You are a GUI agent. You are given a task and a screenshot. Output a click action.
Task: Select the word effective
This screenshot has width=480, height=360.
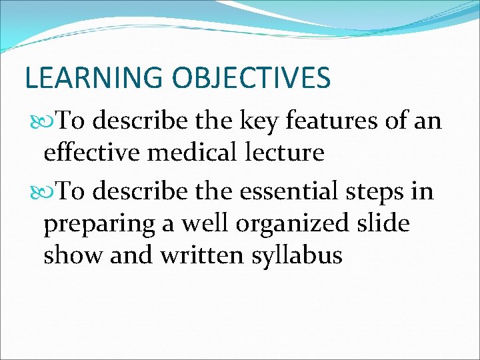click(x=93, y=153)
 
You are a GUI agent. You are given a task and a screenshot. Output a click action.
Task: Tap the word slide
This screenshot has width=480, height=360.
click(x=384, y=224)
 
